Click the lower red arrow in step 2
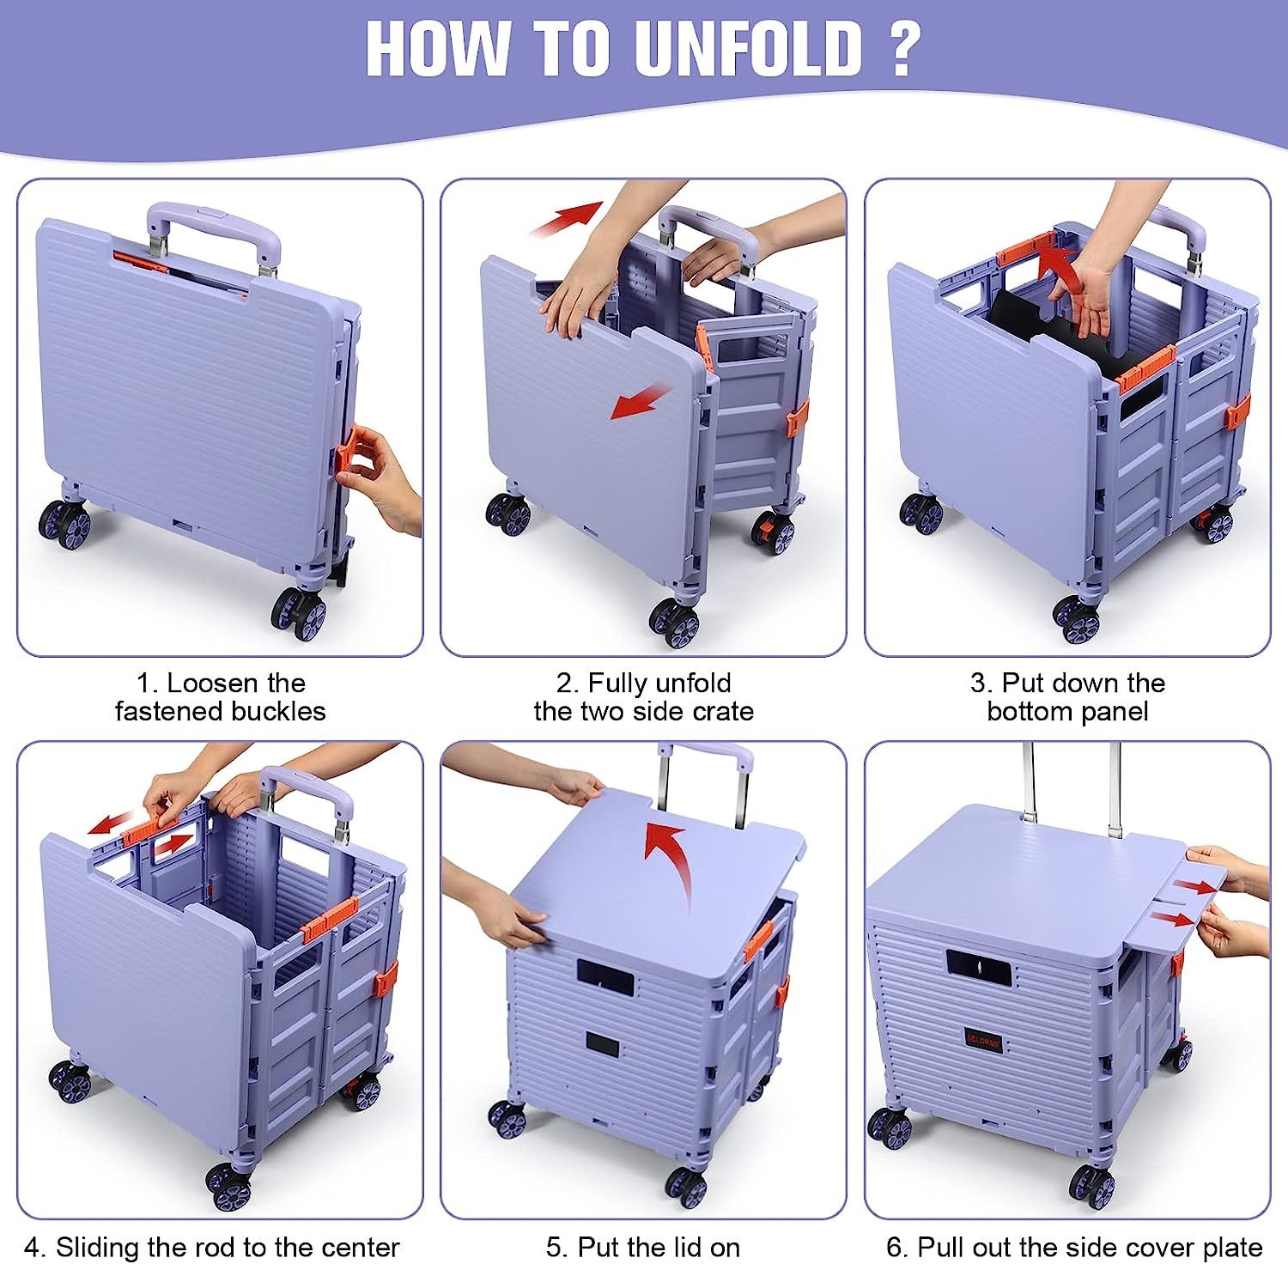[x=641, y=401]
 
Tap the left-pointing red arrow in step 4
[x=111, y=822]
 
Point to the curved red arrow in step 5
[x=669, y=859]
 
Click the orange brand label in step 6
[x=982, y=1039]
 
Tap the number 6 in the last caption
[x=895, y=1247]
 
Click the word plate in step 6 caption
[x=1230, y=1248]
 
